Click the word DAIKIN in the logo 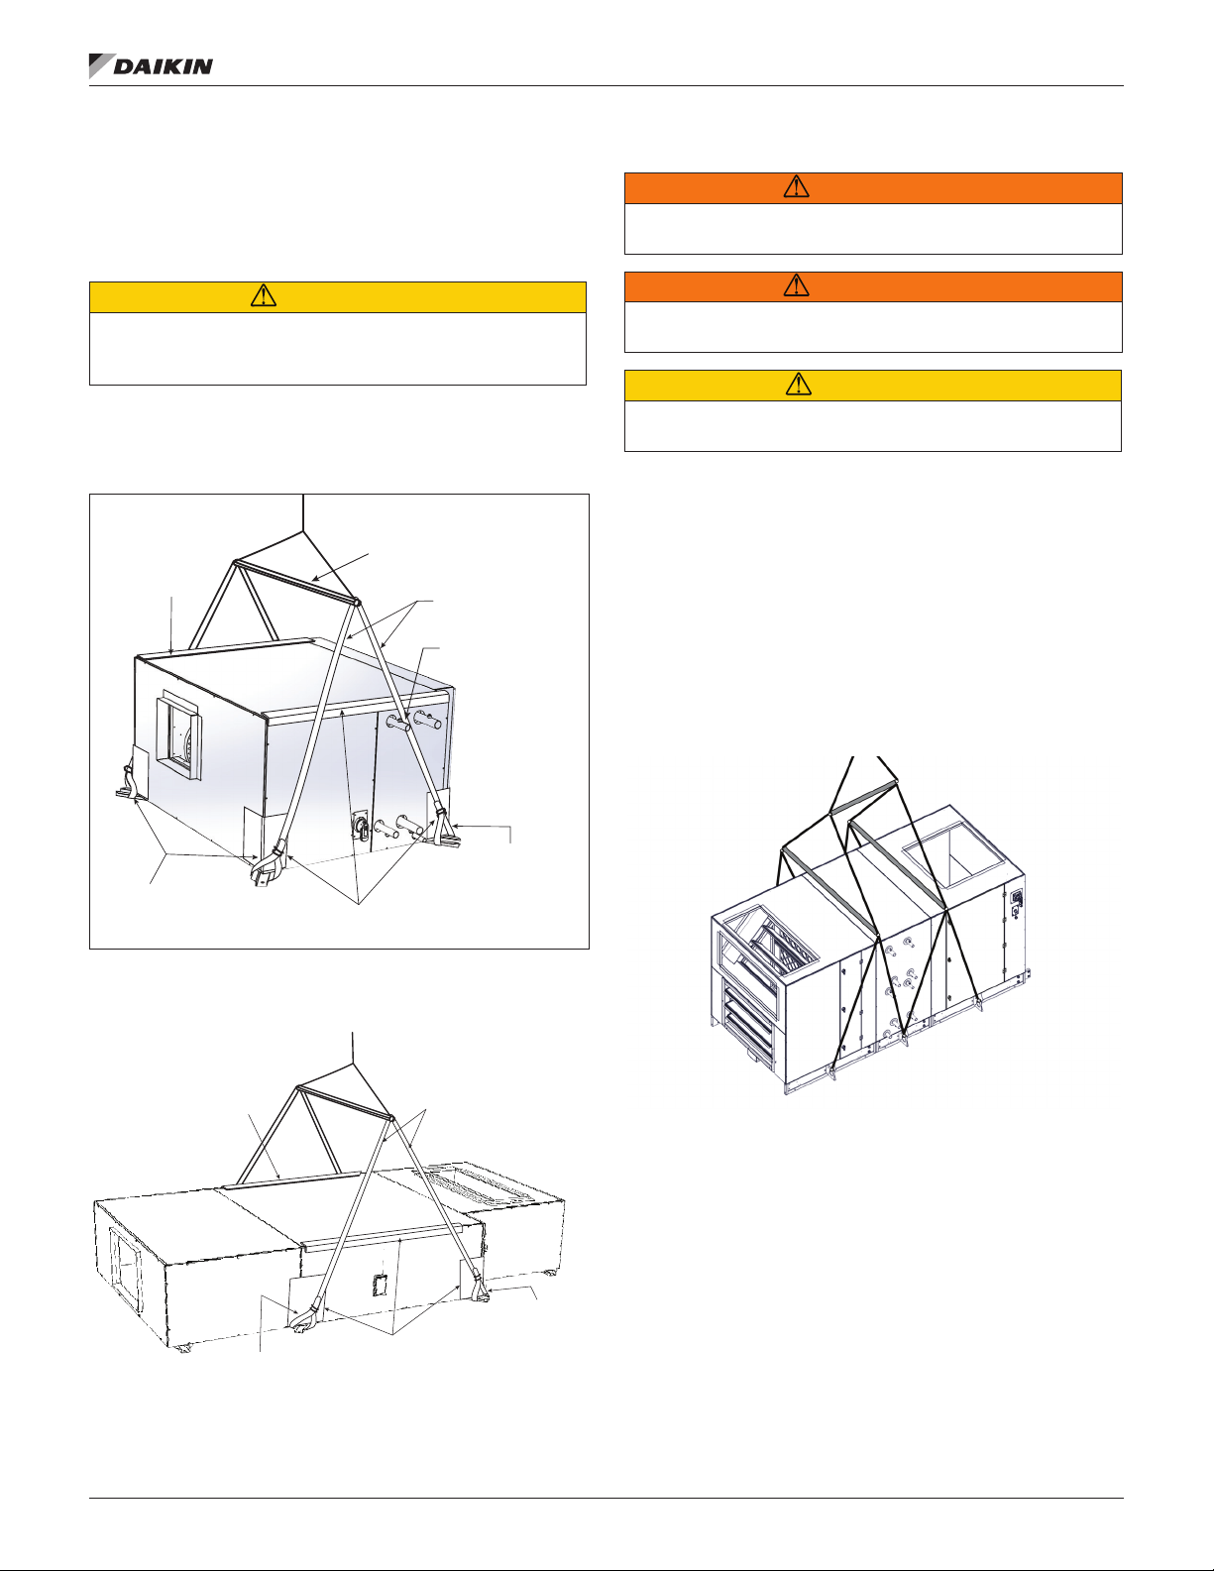(164, 66)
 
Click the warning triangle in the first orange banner (797, 186)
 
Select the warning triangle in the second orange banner (797, 285)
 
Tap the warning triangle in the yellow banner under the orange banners (799, 385)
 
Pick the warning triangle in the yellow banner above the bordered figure (264, 295)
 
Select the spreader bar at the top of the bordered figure (295, 581)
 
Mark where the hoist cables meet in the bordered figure (303, 531)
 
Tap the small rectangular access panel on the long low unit (381, 1286)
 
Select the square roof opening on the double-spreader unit (953, 853)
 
